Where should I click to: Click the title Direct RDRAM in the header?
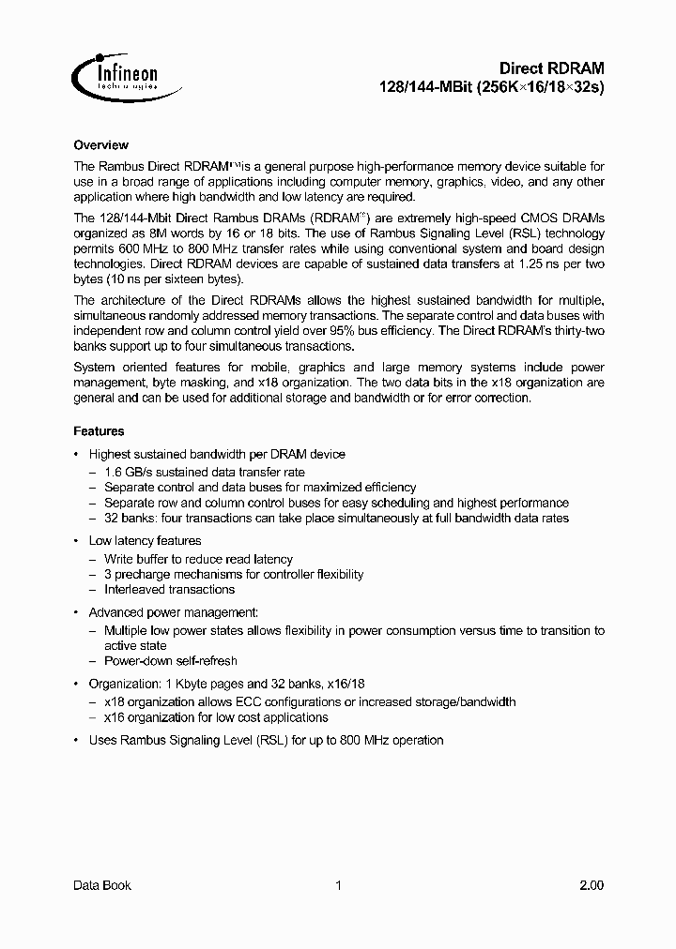pos(551,68)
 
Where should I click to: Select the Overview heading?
pos(100,145)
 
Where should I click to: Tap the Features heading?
pos(99,431)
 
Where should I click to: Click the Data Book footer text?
pos(101,885)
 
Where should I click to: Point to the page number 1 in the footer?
pos(338,885)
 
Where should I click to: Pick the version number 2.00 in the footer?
pos(591,885)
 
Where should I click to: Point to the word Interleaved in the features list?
pos(134,590)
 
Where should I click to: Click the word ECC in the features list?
pos(231,702)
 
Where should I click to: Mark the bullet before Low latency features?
pos(76,541)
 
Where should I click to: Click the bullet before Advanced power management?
pos(76,612)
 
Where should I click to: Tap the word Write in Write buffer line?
pos(119,559)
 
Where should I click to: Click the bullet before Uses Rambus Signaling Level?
pos(76,741)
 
